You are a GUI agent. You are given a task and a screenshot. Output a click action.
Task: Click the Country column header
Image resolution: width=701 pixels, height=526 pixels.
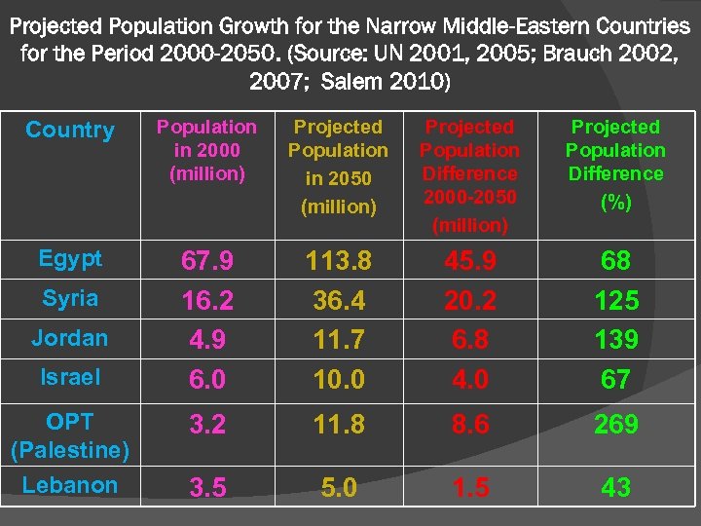click(70, 130)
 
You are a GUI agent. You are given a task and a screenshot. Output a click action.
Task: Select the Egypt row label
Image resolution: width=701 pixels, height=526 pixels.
click(70, 259)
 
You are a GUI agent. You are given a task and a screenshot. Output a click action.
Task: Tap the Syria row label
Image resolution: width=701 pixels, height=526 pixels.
click(70, 298)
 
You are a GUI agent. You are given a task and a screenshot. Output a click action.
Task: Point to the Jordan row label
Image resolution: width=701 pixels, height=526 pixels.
click(70, 338)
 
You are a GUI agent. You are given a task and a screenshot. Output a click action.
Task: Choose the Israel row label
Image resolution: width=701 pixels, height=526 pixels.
click(70, 376)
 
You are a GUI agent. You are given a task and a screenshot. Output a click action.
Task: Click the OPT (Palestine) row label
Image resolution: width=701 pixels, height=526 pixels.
click(70, 436)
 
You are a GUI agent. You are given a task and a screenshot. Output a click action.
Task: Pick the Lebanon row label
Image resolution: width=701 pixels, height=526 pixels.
click(70, 485)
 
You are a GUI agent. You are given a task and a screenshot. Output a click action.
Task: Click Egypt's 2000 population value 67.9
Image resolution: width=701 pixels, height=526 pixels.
click(206, 261)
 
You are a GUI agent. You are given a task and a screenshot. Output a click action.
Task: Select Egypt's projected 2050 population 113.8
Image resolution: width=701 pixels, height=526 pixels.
click(338, 261)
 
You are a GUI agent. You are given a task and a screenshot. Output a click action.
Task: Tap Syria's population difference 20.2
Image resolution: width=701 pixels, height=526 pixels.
click(470, 300)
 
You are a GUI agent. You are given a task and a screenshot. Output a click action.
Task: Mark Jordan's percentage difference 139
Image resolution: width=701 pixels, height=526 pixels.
click(615, 339)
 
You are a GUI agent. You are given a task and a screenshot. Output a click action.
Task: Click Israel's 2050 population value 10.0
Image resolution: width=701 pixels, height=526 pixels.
click(338, 379)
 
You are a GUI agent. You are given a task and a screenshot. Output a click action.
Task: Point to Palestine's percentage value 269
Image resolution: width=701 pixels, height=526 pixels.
click(615, 425)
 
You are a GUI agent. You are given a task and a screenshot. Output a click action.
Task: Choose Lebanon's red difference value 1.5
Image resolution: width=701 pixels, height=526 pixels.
click(470, 487)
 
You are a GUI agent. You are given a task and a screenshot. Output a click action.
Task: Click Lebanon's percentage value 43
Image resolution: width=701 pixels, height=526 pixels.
click(615, 487)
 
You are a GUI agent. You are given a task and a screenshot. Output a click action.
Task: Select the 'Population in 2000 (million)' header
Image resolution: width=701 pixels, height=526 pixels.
click(206, 150)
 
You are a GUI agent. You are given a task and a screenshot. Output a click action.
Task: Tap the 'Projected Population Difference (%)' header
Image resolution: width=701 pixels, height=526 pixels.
click(615, 163)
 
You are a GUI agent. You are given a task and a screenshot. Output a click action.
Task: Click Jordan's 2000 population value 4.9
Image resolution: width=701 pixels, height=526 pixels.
click(206, 339)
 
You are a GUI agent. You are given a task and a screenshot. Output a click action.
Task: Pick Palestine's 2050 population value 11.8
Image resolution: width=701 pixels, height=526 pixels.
click(338, 425)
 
